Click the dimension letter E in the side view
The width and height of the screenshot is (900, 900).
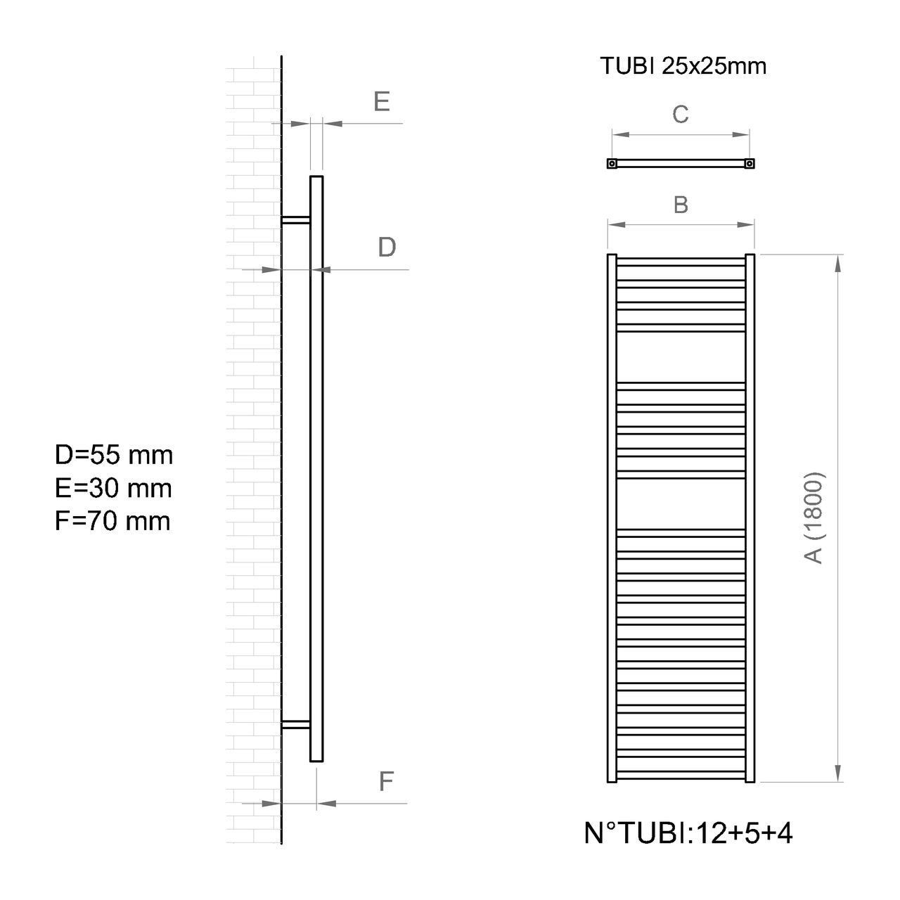tap(382, 102)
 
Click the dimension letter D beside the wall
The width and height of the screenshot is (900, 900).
tap(387, 247)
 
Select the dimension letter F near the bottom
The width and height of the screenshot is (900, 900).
tap(386, 781)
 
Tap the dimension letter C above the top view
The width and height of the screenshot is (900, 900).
tap(680, 114)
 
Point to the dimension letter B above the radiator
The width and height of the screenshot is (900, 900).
tap(680, 205)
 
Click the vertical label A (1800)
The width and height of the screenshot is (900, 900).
tap(814, 517)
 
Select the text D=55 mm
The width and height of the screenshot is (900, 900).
tap(114, 455)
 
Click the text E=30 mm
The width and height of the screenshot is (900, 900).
tap(113, 488)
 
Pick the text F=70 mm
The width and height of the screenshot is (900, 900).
tap(112, 521)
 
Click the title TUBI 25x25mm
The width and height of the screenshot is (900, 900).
tap(683, 66)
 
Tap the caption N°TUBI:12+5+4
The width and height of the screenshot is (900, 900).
tap(688, 834)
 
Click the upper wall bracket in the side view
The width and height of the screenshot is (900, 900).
tap(295, 220)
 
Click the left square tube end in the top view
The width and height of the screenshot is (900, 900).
tap(612, 164)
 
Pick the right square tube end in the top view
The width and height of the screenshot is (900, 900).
tap(750, 164)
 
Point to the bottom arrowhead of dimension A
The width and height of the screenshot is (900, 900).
tap(837, 773)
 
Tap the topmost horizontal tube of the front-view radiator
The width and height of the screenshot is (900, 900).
tap(681, 261)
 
